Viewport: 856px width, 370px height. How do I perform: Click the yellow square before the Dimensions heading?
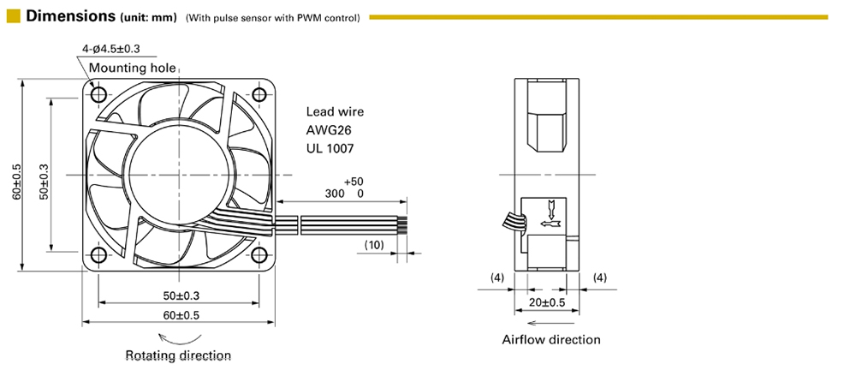click(13, 16)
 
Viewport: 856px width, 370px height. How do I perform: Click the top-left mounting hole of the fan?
click(97, 92)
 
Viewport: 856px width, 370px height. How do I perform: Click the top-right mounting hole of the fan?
click(260, 92)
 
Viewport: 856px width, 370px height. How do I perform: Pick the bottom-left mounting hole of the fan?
click(97, 254)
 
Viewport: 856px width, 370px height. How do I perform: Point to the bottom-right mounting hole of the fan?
click(260, 254)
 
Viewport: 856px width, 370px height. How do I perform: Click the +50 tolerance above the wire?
click(353, 182)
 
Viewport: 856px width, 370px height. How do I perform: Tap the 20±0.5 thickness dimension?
click(547, 303)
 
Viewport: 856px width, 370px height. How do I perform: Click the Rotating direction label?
click(178, 355)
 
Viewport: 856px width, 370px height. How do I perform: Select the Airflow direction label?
click(551, 339)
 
